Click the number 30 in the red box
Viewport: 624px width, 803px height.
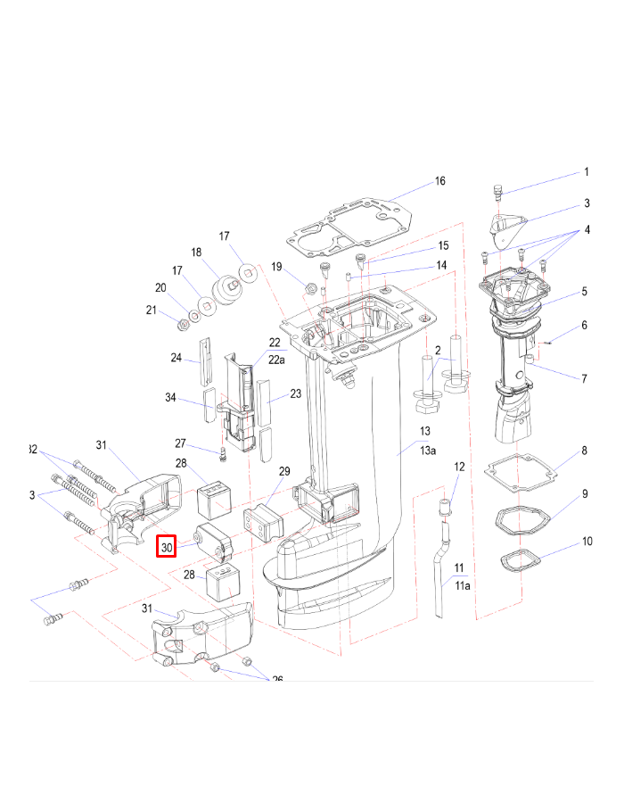(168, 546)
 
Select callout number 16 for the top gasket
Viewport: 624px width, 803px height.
(439, 181)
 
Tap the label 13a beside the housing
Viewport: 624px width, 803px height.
(429, 451)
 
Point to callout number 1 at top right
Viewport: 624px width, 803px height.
(586, 172)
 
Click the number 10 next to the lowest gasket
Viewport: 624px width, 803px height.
(587, 542)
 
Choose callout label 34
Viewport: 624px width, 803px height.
(171, 397)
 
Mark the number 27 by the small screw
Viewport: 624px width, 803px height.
(180, 443)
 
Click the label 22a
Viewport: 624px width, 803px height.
(277, 360)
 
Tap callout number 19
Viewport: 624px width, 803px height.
(276, 267)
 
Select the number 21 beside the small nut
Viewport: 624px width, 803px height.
(151, 310)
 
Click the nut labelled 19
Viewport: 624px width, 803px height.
(311, 288)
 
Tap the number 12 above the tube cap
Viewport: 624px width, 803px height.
(460, 467)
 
